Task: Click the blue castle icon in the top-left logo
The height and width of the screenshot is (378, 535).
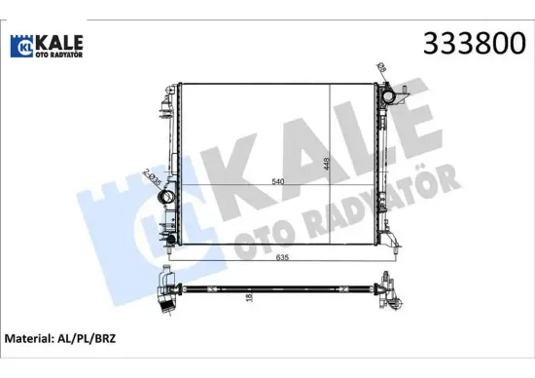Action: point(23,46)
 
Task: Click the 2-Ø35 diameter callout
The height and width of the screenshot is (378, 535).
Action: point(150,178)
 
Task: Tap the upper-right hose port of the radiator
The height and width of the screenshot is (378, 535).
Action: point(395,97)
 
